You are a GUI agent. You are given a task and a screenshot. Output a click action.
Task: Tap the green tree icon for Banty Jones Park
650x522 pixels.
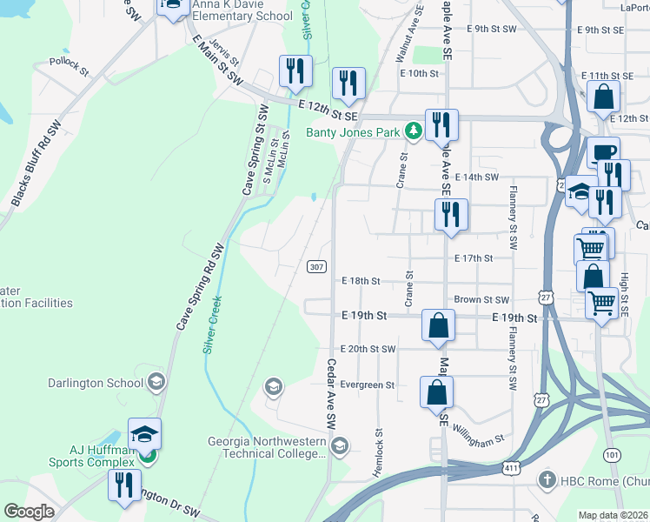coord(415,131)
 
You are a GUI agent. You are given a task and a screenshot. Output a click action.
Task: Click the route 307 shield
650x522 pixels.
coord(316,266)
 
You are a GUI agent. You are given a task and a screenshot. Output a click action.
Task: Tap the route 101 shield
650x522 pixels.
coord(613,454)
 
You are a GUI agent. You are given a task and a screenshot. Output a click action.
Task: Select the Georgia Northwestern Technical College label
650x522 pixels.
coord(266,446)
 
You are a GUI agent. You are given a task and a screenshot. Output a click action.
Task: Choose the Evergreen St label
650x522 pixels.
coord(368,385)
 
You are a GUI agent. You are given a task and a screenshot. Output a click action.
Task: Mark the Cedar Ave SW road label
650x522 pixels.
coord(330,392)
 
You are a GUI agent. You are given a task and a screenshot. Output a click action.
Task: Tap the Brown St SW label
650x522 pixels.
coord(481,298)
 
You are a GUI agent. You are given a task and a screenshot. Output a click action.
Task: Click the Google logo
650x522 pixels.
coord(29,512)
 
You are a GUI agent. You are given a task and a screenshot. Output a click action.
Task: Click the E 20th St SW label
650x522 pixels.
coord(368,349)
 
